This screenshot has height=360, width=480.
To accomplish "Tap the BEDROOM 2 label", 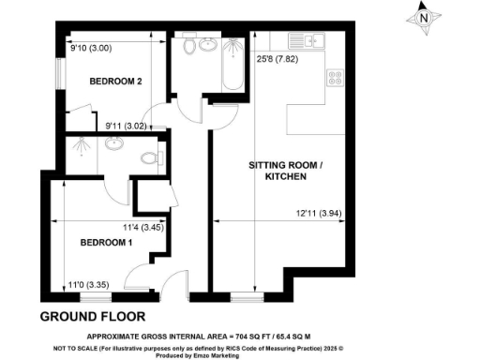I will (115, 82).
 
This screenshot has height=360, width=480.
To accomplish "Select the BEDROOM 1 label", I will (106, 243).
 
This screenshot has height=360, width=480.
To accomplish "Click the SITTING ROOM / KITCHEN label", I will (285, 171).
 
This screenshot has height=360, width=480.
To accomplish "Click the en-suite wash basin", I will (114, 144).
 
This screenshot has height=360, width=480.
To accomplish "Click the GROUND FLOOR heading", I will (90, 316).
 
